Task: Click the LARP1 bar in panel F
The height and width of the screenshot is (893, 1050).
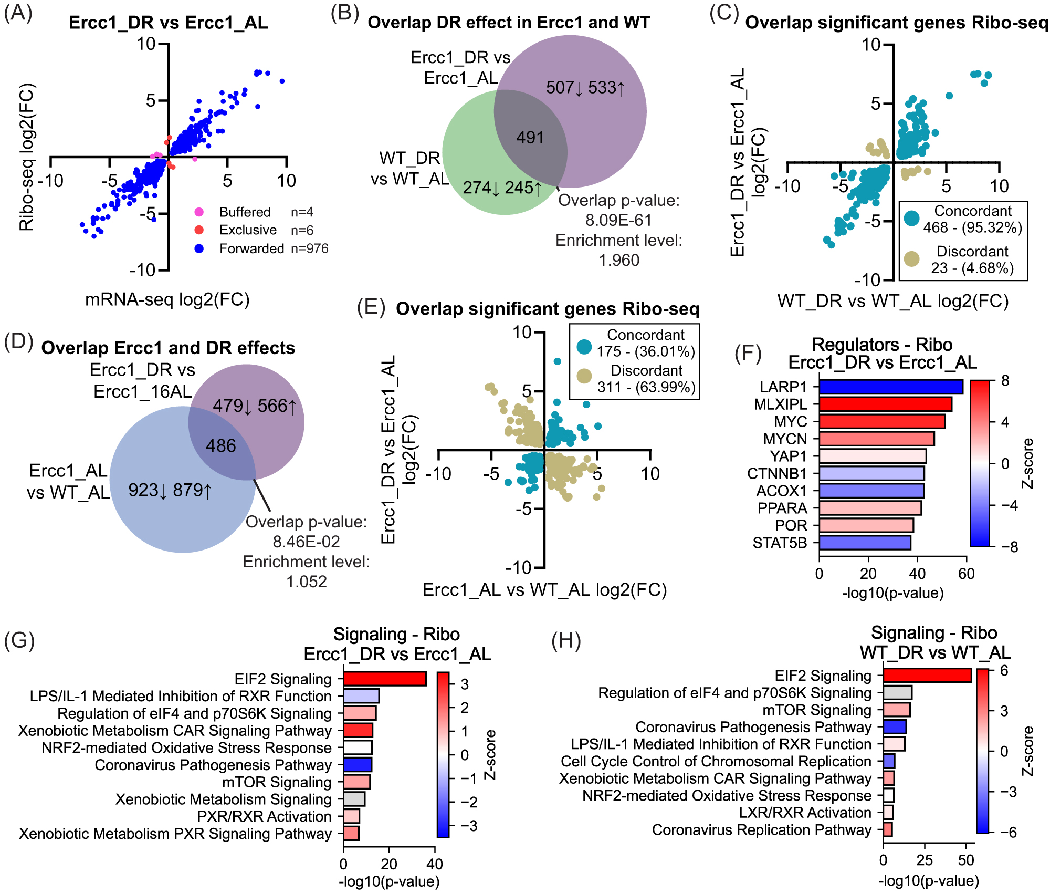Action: (x=891, y=387)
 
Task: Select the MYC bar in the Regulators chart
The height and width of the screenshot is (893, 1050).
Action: (x=882, y=421)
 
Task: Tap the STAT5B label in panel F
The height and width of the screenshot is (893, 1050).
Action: (x=780, y=543)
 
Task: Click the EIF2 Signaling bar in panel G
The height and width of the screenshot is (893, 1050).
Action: (x=385, y=679)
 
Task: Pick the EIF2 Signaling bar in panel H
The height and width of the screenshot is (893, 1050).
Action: (x=927, y=675)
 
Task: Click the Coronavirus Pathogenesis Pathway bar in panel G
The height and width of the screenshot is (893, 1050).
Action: (x=358, y=764)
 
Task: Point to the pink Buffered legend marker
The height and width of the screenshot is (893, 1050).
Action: (x=199, y=212)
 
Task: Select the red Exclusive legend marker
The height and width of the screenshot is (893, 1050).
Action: (x=199, y=230)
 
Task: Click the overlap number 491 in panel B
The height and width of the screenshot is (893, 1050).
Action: (x=530, y=138)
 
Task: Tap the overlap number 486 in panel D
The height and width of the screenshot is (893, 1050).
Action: (x=221, y=446)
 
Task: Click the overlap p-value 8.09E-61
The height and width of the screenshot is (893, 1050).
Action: (x=618, y=220)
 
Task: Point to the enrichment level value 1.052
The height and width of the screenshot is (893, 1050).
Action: (x=307, y=582)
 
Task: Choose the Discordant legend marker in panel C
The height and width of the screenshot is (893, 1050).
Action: (x=912, y=259)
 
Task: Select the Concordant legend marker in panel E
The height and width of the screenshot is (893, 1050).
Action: (x=584, y=347)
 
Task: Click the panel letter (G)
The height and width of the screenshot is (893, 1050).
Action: (x=19, y=641)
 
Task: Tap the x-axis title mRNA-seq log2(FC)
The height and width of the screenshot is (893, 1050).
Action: (x=167, y=299)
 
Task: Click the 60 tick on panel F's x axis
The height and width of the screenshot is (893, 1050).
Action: (x=967, y=574)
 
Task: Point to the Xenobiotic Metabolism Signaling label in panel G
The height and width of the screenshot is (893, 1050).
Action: (x=224, y=799)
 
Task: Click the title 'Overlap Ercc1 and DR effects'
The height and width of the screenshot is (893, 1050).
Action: (x=168, y=348)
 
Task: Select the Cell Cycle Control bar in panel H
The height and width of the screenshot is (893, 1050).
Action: (x=889, y=761)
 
